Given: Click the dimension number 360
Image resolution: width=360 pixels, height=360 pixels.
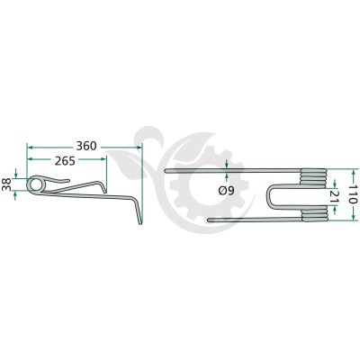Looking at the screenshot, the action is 86,147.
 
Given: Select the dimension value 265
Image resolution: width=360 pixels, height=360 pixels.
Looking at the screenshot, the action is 65,161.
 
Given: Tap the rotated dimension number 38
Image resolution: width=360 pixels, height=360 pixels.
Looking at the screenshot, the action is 6,184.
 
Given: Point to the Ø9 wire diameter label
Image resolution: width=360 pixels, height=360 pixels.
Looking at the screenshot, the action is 226,191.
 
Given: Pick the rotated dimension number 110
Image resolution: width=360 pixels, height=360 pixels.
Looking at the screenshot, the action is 353,195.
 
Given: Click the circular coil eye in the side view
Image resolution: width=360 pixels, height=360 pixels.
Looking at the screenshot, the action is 36,184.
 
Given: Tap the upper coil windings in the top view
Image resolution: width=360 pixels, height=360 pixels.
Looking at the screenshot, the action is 313,176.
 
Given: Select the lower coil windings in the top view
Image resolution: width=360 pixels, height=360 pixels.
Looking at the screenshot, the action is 314,213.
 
